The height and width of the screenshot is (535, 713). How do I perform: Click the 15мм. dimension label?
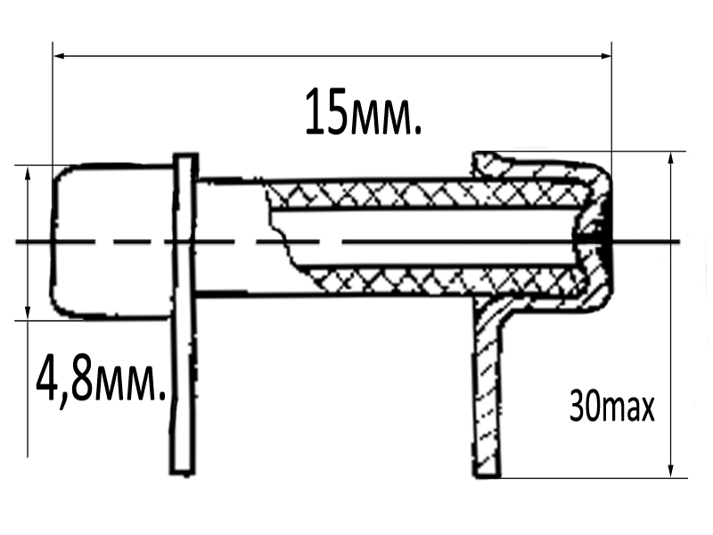364,112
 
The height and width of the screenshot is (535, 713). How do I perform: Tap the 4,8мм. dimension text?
101,379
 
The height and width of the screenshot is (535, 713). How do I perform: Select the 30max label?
611,407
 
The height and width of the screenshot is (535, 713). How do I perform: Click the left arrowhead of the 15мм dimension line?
59,55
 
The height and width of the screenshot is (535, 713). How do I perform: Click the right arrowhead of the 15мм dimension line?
606,55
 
